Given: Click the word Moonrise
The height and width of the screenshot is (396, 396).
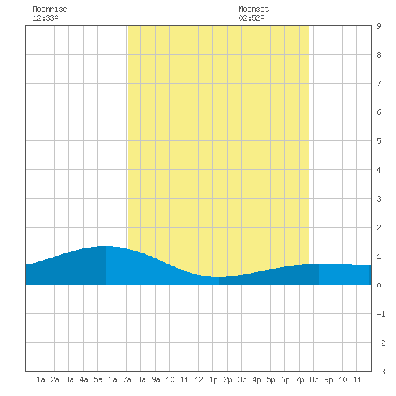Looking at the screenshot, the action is point(50,9).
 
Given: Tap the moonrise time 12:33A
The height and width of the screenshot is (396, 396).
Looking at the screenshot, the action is point(45,18).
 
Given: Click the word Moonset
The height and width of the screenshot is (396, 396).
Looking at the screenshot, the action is point(253,9).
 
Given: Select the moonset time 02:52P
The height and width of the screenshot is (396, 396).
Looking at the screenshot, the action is point(251,18).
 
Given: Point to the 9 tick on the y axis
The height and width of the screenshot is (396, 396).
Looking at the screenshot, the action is point(379,26).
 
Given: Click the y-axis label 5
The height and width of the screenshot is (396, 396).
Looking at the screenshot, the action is point(379,141).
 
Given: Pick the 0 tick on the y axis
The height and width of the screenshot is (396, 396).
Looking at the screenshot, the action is point(379,285).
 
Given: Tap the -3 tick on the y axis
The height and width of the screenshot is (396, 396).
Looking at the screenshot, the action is point(381,372).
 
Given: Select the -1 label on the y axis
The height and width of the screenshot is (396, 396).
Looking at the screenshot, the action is point(381,314).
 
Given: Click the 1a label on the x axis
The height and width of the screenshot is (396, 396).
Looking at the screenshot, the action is point(40,379).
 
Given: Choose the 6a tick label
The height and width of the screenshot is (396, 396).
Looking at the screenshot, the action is point(112,379).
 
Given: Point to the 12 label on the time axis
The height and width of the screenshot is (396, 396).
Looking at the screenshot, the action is point(199,379).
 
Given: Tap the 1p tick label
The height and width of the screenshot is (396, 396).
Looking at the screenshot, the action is point(213,379).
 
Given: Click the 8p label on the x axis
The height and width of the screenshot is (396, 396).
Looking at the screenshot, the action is point(314,379).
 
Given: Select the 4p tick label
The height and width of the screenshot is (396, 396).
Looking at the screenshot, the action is point(256,379).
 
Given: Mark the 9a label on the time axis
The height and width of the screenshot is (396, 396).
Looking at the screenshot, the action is point(156,379).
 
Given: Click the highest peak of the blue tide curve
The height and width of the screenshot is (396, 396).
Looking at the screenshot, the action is point(106,246).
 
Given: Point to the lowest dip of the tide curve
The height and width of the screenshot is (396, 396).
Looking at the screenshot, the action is point(219,277).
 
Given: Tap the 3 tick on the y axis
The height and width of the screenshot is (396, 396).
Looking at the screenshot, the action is point(379,199).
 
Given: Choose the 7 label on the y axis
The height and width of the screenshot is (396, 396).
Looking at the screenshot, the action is point(379,84).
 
